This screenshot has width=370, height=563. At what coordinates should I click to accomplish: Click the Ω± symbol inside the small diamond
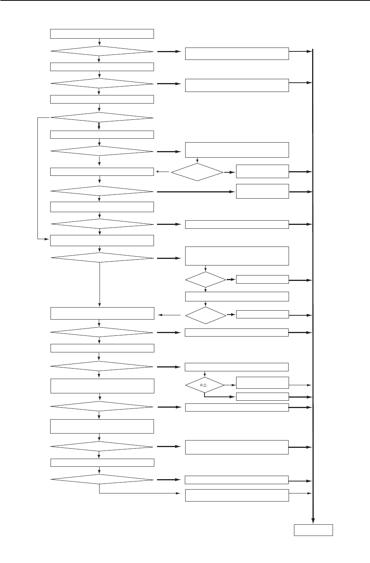click(x=204, y=385)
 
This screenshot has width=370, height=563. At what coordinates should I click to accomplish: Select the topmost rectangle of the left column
click(x=102, y=34)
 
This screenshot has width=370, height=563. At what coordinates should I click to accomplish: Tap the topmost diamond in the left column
click(x=102, y=51)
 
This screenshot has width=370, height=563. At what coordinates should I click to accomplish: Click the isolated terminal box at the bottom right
click(x=313, y=530)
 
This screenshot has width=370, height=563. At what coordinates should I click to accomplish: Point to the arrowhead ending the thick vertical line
click(x=313, y=520)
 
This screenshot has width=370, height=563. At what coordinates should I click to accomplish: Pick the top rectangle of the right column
click(x=237, y=54)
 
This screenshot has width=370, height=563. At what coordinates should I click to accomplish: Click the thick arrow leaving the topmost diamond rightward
click(x=169, y=51)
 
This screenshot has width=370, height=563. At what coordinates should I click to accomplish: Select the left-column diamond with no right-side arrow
click(x=102, y=117)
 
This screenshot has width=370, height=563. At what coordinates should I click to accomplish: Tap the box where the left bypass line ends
click(x=102, y=240)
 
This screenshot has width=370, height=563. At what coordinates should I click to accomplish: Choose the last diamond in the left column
click(x=102, y=480)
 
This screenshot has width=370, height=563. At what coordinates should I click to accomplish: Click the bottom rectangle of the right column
click(x=237, y=495)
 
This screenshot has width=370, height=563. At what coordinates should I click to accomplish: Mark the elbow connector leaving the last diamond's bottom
click(x=139, y=493)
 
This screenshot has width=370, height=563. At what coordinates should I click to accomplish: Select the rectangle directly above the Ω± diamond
click(x=237, y=367)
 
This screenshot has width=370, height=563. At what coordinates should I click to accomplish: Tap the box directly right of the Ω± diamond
click(x=262, y=383)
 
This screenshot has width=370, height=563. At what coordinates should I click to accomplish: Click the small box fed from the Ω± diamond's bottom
click(x=262, y=396)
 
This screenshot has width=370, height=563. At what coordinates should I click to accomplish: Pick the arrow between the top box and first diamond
click(x=100, y=42)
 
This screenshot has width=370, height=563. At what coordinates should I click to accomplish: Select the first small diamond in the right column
click(x=197, y=172)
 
